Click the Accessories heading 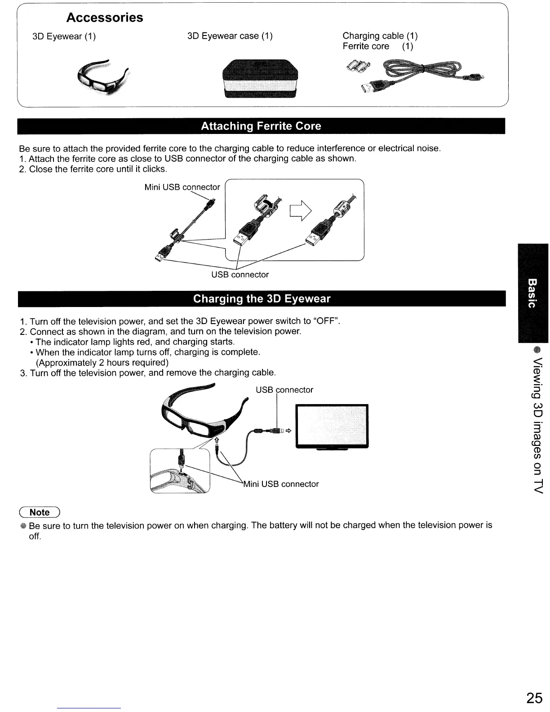104,18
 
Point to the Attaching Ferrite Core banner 261,126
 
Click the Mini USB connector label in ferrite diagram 182,187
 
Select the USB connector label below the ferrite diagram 240,275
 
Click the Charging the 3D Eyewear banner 261,299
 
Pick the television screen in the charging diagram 331,426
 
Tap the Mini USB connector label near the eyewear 281,484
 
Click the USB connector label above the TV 284,390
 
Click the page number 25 534,698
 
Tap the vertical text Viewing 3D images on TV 536,426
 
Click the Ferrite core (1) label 377,46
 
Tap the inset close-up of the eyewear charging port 180,471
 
